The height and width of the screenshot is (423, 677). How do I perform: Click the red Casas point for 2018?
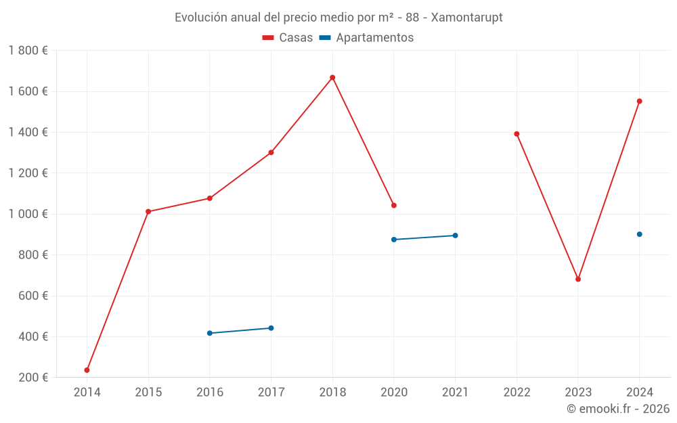(x=332, y=78)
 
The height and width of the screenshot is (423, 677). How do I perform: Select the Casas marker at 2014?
(x=87, y=370)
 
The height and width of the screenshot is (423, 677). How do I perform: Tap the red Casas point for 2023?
(x=578, y=279)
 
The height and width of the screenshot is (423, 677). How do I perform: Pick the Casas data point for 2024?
(x=639, y=102)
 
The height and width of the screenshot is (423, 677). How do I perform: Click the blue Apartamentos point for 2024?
(x=639, y=234)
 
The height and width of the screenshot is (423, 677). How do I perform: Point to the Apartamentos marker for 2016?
(x=210, y=333)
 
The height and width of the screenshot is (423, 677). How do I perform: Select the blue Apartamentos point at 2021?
(x=455, y=236)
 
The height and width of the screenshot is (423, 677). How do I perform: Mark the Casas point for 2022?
(x=517, y=134)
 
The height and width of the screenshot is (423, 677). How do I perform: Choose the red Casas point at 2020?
(x=394, y=205)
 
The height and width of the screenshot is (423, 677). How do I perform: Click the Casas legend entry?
(x=288, y=38)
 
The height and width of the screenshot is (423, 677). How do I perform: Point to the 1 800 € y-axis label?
(x=28, y=51)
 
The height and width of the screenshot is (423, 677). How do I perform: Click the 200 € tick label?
(x=32, y=378)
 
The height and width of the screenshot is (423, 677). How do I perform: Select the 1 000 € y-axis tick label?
(x=28, y=214)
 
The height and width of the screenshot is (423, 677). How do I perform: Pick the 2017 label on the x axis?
(x=271, y=393)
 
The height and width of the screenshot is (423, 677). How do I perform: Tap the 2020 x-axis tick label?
(x=394, y=393)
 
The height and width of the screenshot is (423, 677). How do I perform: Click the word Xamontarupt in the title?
(x=466, y=18)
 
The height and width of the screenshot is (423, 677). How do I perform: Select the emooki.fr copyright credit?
(x=618, y=409)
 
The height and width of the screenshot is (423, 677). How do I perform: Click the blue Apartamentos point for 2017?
(x=271, y=328)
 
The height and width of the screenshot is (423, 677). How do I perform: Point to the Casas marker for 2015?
(x=148, y=212)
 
